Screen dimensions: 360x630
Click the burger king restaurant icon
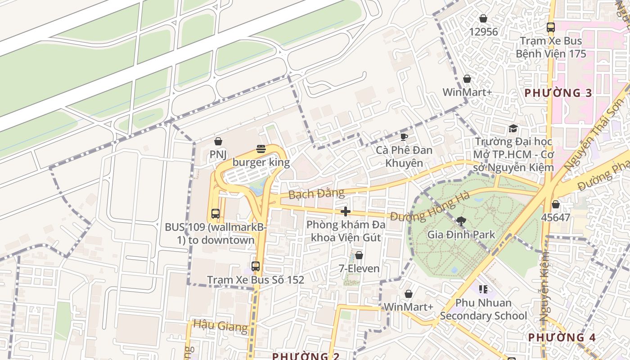pos(261,148)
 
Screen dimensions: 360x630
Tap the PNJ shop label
pos(218,155)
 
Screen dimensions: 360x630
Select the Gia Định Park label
pos(461,234)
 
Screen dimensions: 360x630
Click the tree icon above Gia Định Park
pos(460,221)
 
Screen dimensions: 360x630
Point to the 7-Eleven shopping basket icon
pos(359,256)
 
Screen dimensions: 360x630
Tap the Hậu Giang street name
pos(220,326)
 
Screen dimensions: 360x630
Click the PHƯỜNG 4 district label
pos(562,337)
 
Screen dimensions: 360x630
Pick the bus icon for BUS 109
pos(216,214)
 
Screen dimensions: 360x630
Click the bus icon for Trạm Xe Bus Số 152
pos(256,266)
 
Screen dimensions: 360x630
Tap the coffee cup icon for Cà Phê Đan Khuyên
pos(404,137)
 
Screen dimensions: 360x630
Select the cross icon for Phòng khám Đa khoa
pos(345,211)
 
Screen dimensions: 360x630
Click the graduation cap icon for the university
pos(513,129)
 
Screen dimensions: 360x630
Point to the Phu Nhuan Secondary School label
pos(483,309)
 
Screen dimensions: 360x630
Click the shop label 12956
pos(483,31)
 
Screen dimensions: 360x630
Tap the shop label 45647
pos(556,218)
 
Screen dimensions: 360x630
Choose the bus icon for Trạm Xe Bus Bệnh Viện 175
pos(550,27)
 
